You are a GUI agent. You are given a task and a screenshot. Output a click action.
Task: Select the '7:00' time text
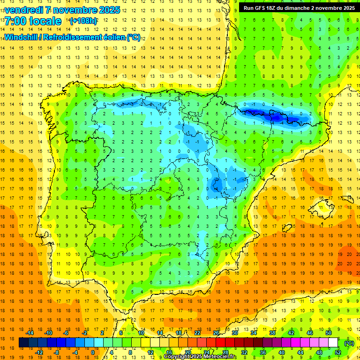tap(15, 21)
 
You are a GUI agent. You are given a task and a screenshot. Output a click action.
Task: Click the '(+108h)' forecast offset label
tap(83, 21)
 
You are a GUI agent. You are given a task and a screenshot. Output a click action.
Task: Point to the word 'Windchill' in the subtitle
tap(22, 37)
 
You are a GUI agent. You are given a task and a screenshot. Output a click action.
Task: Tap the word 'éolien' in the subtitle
tap(115, 37)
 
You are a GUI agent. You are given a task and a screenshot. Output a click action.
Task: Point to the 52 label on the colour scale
tap(338, 352)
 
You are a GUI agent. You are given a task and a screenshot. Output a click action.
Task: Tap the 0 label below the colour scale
tap(93, 352)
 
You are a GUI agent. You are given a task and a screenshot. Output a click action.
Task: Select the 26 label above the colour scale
tap(216, 333)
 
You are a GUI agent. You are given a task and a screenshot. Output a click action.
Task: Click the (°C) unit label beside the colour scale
tap(349, 343)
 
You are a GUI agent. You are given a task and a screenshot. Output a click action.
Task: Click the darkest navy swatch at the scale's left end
tap(23, 343)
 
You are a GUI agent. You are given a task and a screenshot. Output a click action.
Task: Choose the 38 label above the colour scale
tap(272, 333)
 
